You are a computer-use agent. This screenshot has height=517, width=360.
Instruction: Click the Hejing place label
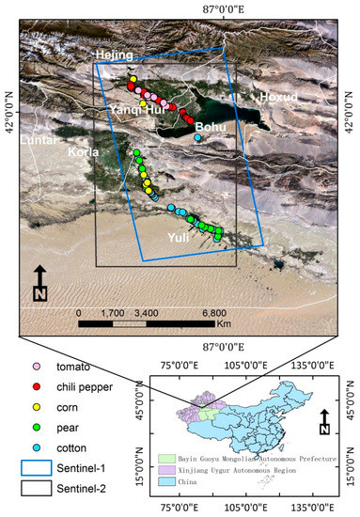click(114, 56)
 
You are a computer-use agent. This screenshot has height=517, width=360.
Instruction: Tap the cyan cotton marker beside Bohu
click(198, 138)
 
